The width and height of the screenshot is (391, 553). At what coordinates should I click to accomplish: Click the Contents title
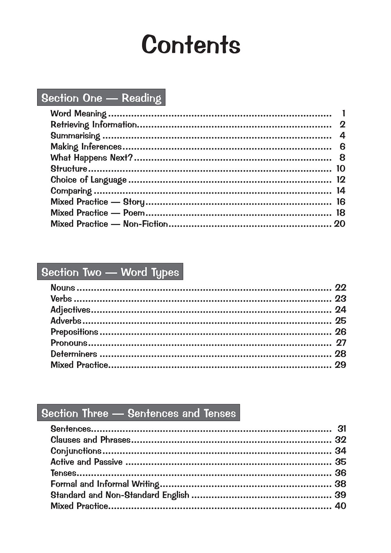191,45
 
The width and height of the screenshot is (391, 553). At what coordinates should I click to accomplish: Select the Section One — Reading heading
101,98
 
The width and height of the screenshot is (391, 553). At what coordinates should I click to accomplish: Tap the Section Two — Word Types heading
110,272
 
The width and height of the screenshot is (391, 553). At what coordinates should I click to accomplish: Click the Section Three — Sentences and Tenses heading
138,413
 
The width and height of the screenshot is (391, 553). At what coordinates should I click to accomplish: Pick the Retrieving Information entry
94,125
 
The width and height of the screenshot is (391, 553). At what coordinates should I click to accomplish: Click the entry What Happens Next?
92,158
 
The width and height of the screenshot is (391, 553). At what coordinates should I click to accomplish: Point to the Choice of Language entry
88,180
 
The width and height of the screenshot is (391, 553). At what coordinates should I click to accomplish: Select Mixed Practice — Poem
97,213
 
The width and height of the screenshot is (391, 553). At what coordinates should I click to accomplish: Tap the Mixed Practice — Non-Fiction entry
109,224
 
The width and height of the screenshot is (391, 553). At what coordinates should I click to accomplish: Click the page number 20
339,224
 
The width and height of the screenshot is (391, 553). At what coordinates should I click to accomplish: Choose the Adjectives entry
70,310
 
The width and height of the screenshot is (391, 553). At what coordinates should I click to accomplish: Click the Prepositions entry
74,332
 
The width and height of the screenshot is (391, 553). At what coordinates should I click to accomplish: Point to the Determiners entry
74,354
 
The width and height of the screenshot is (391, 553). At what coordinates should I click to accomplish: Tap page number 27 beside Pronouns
341,343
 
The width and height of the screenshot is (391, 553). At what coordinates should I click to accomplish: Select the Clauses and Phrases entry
90,440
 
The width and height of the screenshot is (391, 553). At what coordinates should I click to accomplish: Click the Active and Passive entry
86,462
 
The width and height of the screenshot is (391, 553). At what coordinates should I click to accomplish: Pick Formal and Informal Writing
105,484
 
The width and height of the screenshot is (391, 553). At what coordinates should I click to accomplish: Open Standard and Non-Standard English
120,495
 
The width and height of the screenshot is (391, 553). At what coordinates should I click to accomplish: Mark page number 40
340,506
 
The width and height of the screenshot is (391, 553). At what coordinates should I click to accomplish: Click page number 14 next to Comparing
341,191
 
